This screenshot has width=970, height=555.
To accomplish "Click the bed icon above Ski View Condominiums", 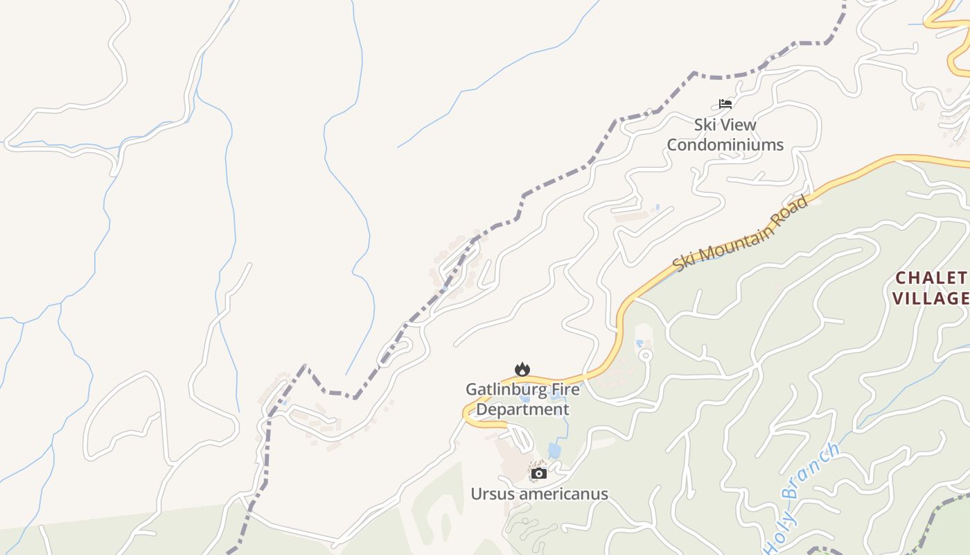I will click(x=725, y=104).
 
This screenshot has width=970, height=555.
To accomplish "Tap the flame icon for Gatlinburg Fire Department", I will click(x=522, y=369).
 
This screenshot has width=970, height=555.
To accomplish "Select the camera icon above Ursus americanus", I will click(x=539, y=474).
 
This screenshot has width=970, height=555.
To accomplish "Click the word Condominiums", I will click(x=725, y=145).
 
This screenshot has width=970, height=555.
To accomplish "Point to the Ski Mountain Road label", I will click(x=740, y=234).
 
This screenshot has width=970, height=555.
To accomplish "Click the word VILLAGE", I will click(x=931, y=299).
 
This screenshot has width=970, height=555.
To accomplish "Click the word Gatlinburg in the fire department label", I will click(x=497, y=389).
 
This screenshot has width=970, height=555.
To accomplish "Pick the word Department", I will click(x=522, y=409).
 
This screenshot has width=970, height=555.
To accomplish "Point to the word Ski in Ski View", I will click(x=705, y=125).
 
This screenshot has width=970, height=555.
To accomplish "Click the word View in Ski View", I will click(x=739, y=125).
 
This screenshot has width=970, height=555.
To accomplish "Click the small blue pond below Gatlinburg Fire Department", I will click(x=554, y=450).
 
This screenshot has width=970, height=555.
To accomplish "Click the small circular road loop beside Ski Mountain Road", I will click(x=646, y=356).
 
